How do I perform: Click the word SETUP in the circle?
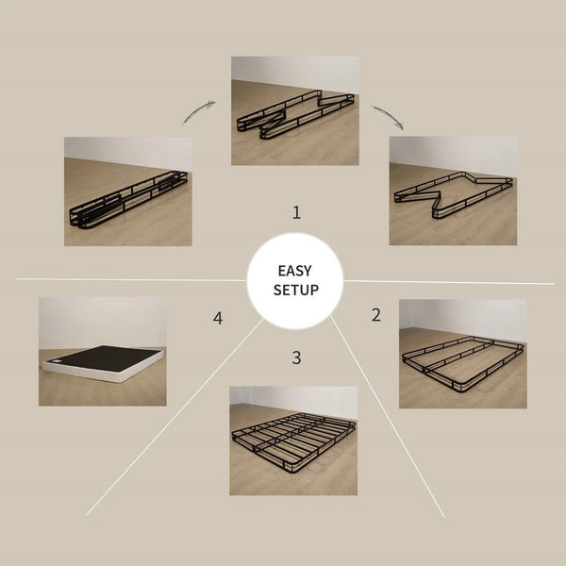coord(295,290)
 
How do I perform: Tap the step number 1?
coord(296,213)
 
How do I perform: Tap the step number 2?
coord(376,315)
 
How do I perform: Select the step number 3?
coord(296,358)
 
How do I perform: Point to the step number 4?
coord(218,319)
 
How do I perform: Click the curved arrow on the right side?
coord(388,116)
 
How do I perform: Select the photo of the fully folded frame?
coord(127,191)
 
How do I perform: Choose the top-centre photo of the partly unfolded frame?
coord(295,110)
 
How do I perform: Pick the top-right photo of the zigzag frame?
coord(453,191)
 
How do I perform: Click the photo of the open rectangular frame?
coord(462,354)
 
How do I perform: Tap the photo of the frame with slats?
coord(293,441)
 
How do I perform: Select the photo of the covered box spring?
coord(102,352)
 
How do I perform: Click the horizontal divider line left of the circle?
coord(123,279)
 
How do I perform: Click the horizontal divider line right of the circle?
coord(453,282)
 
